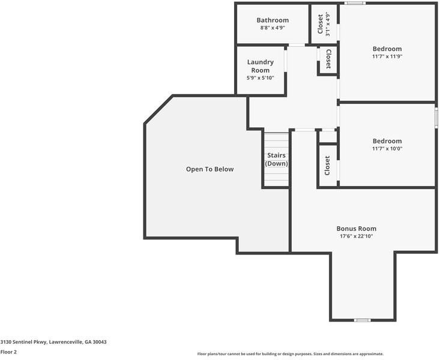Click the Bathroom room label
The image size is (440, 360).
(273, 20)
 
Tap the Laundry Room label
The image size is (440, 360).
(260, 66)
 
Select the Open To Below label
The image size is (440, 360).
(209, 169)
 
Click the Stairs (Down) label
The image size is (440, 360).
(276, 160)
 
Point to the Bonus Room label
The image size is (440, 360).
(356, 229)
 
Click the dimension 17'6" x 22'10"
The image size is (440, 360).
(356, 236)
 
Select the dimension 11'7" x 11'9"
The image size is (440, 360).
(387, 56)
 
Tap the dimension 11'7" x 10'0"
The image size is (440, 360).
(387, 149)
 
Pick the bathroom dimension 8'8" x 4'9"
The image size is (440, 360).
(273, 28)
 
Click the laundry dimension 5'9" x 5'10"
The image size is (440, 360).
(260, 78)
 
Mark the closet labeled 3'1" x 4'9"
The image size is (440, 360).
(323, 25)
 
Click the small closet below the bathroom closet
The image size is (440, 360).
(328, 59)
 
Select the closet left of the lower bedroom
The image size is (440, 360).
(327, 166)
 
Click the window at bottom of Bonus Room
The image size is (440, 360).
(362, 320)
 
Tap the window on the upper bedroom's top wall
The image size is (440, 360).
(354, 3)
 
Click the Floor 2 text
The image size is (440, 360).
(8, 352)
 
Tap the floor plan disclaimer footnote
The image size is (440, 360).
(290, 354)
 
